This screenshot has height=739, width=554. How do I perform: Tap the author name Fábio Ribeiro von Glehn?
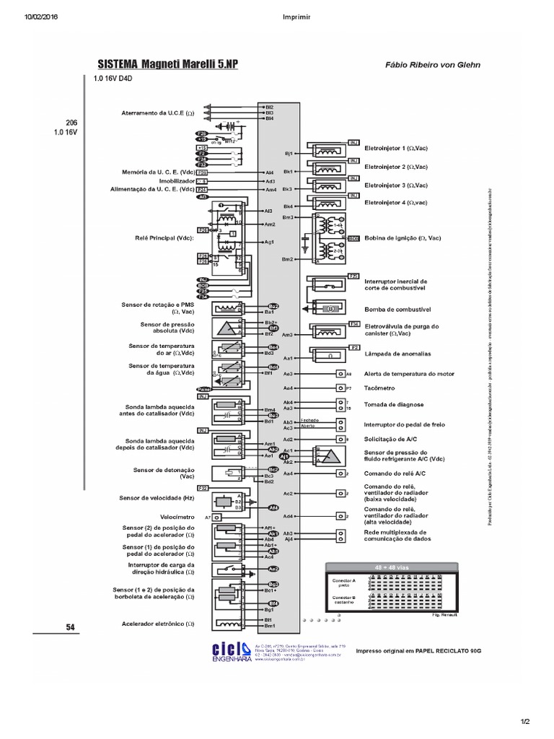pyautogui.click(x=433, y=65)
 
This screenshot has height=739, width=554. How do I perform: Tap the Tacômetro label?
pyautogui.click(x=382, y=388)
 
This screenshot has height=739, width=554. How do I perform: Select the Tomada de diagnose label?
pyautogui.click(x=394, y=405)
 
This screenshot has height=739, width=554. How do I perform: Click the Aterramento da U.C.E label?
pyautogui.click(x=158, y=113)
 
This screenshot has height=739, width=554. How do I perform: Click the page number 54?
pyautogui.click(x=70, y=627)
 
